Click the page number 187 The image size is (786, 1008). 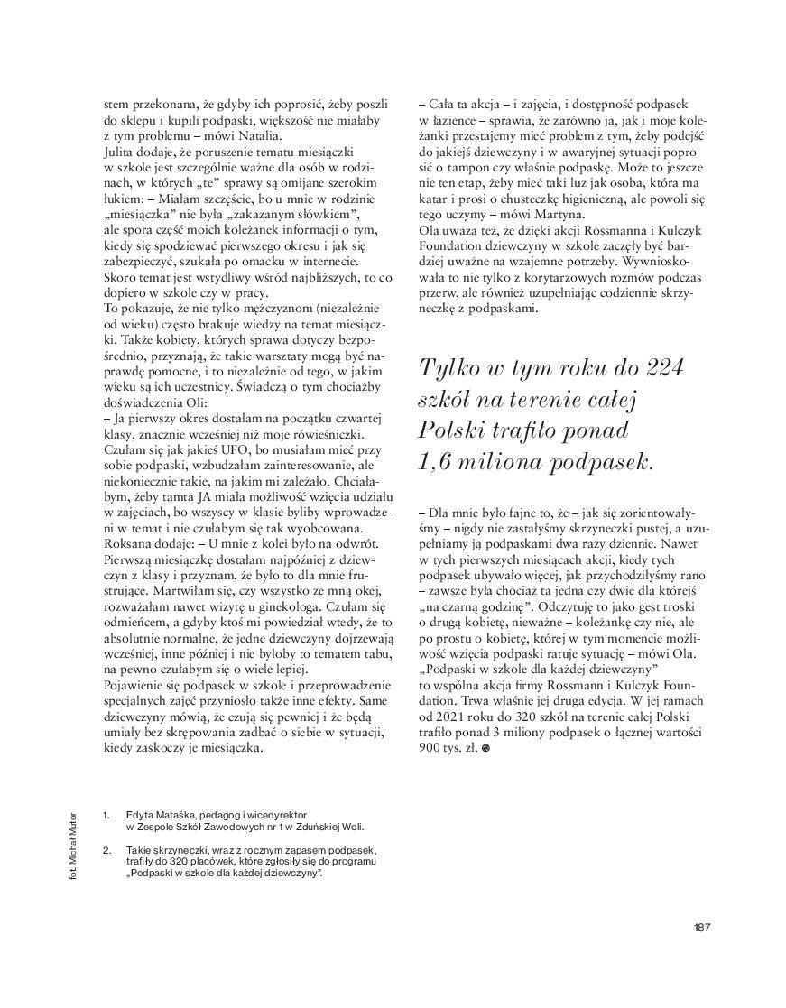[x=704, y=928]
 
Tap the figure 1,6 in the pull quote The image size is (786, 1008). [x=442, y=461]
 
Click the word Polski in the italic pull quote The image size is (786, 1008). [x=455, y=430]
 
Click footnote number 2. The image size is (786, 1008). [x=106, y=850]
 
